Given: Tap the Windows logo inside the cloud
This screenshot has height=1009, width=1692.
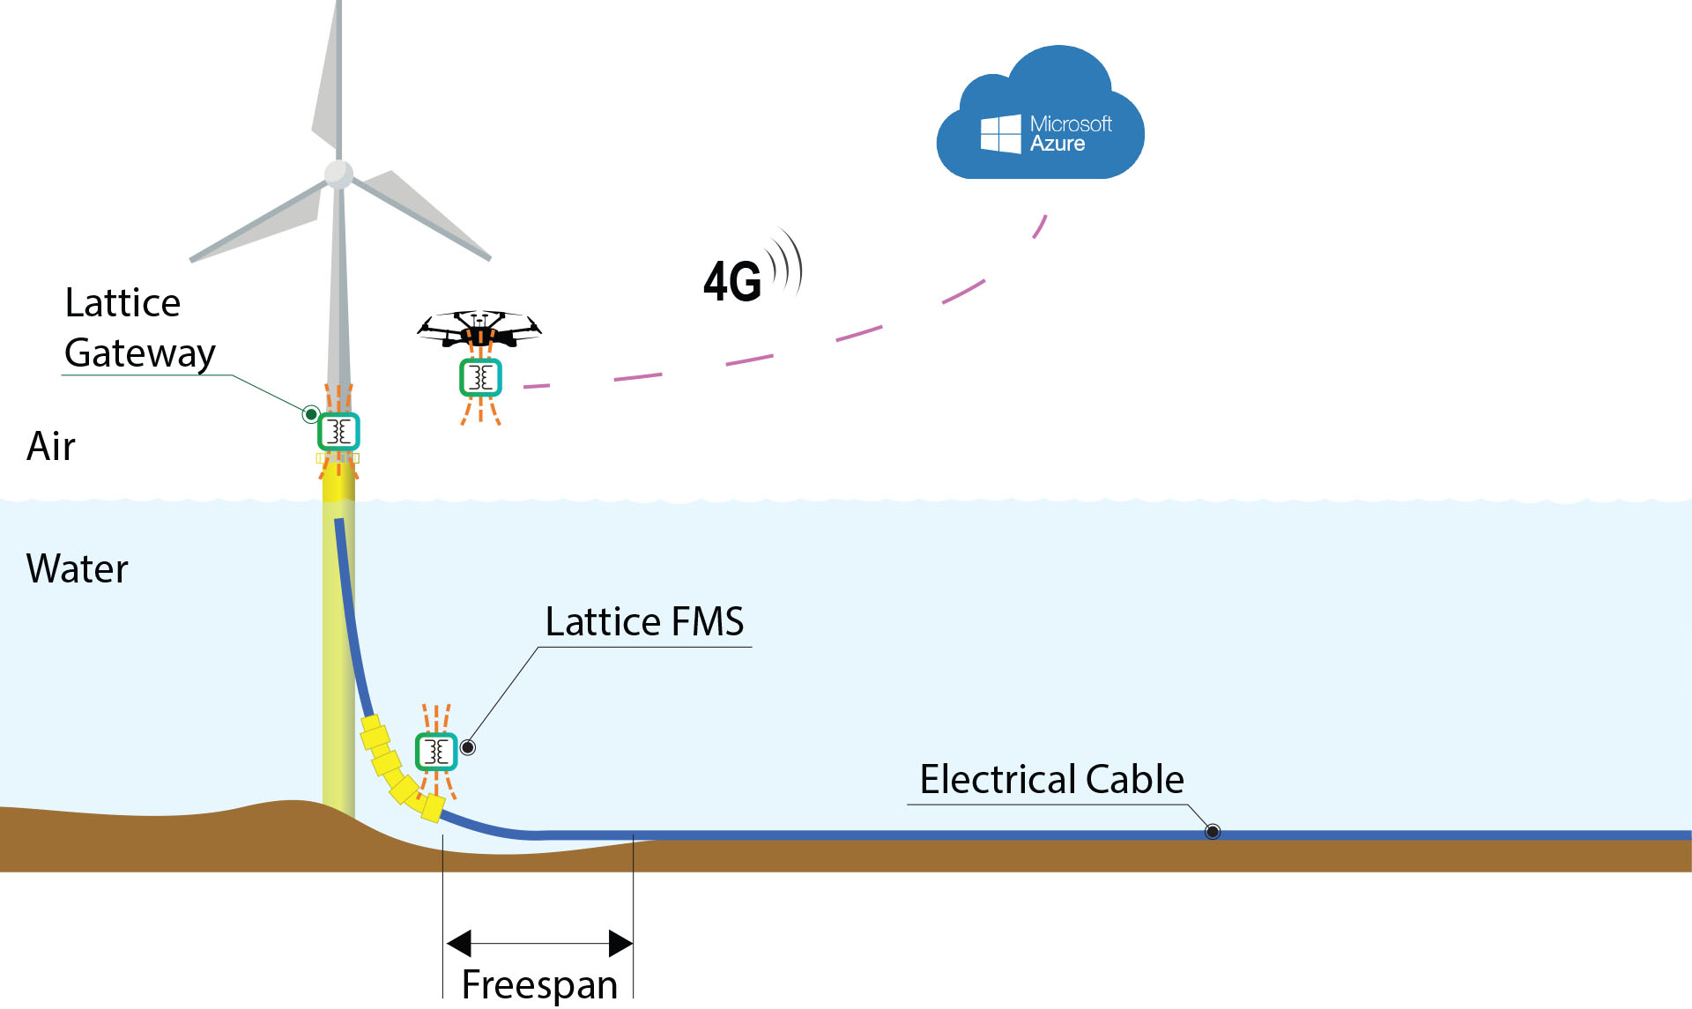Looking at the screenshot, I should coord(1000,134).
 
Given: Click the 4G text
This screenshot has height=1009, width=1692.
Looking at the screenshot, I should coord(731,282).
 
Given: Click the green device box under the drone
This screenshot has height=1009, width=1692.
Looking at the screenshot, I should coord(480,378).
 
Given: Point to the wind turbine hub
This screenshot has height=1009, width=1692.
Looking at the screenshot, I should coord(338,174).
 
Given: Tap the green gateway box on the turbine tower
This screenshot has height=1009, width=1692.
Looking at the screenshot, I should coord(338,432).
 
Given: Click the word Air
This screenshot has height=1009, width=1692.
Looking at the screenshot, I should coord(51,446).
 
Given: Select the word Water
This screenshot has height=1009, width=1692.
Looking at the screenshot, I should coord(78,568).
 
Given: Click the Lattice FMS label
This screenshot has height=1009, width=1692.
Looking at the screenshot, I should coord(644,621).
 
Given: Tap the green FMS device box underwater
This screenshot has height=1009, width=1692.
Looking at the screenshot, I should coord(435,752).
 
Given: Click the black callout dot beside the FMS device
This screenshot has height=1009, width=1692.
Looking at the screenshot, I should coord(469,747).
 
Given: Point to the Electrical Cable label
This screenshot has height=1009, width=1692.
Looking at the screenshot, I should coord(1051,779).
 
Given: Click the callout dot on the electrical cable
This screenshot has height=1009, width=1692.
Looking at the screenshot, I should coord(1213,831).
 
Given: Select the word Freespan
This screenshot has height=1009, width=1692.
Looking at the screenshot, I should coord(539,984).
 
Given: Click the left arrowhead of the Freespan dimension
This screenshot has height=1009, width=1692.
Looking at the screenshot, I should coord(459,943).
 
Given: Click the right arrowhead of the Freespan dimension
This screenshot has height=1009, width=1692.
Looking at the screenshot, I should coord(620,943).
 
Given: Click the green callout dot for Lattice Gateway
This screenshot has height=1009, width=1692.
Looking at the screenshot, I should coord(311,414).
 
